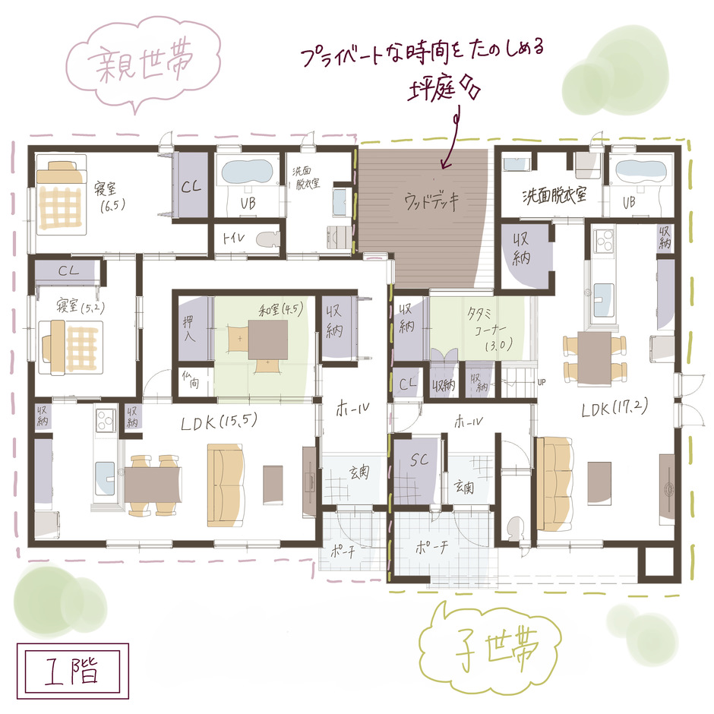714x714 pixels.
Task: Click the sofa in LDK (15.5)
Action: (224, 487)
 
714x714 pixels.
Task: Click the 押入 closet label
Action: (191, 327)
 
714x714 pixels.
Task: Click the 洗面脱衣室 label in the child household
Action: (554, 196)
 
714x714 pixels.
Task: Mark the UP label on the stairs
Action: (542, 381)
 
